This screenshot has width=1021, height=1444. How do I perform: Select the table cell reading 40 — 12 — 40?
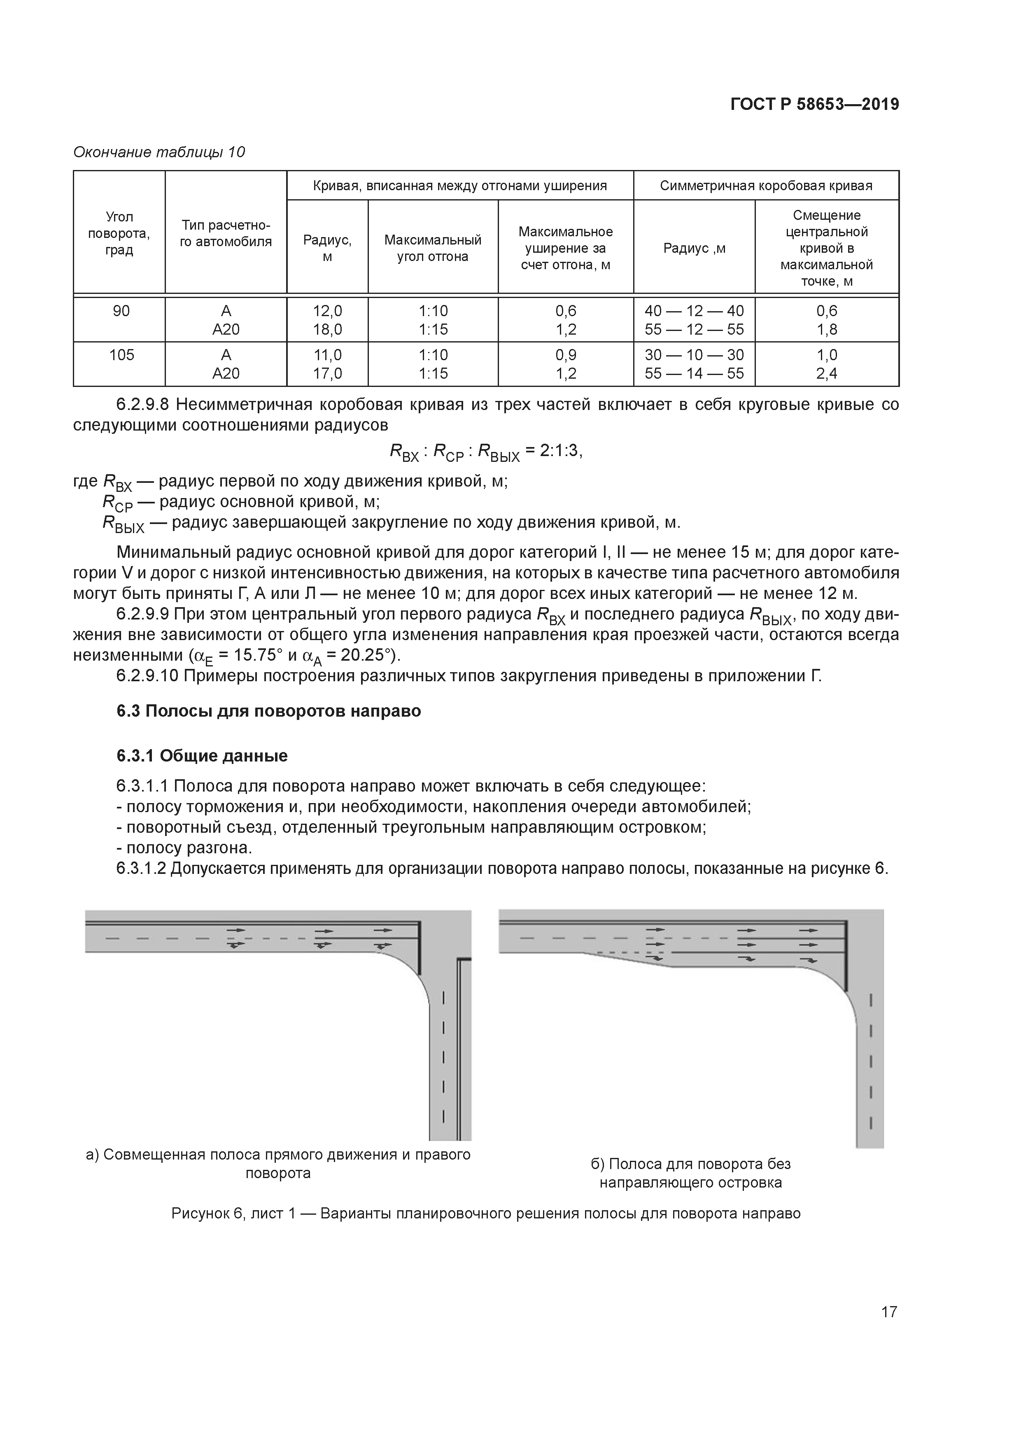coord(694,311)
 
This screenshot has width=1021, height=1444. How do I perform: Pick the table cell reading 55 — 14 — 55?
coord(694,374)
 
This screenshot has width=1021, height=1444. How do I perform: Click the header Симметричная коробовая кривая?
coord(766,186)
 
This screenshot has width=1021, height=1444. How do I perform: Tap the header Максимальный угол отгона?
coord(433,248)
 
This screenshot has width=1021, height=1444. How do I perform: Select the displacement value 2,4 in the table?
coord(827,374)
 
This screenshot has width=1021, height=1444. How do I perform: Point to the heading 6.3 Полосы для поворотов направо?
coord(268,711)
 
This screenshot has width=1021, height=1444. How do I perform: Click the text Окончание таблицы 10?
coord(159,152)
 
